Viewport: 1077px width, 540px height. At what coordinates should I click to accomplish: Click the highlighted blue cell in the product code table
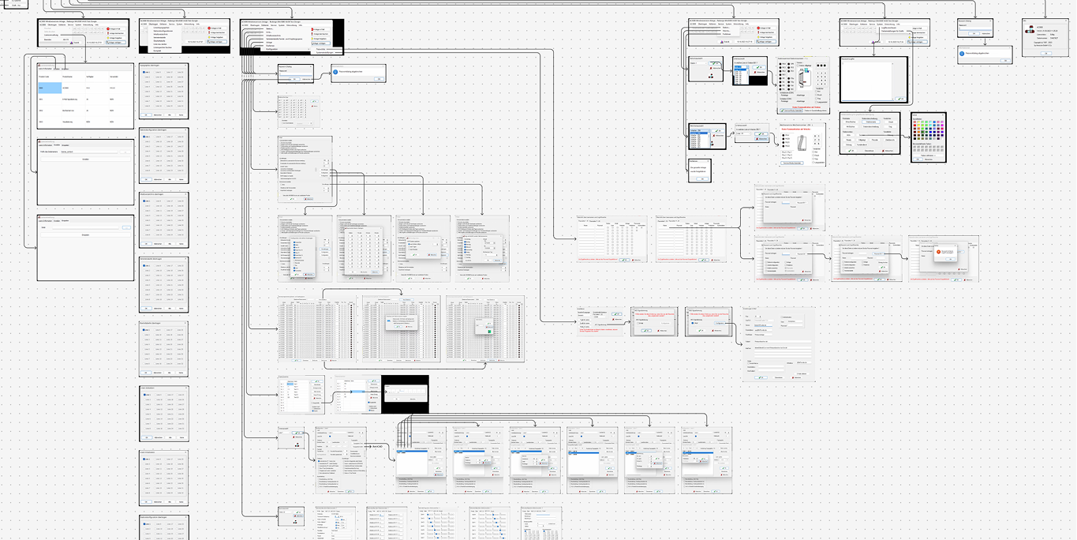[x=51, y=88]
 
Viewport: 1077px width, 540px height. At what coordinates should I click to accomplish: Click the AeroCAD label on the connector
[x=378, y=447]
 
